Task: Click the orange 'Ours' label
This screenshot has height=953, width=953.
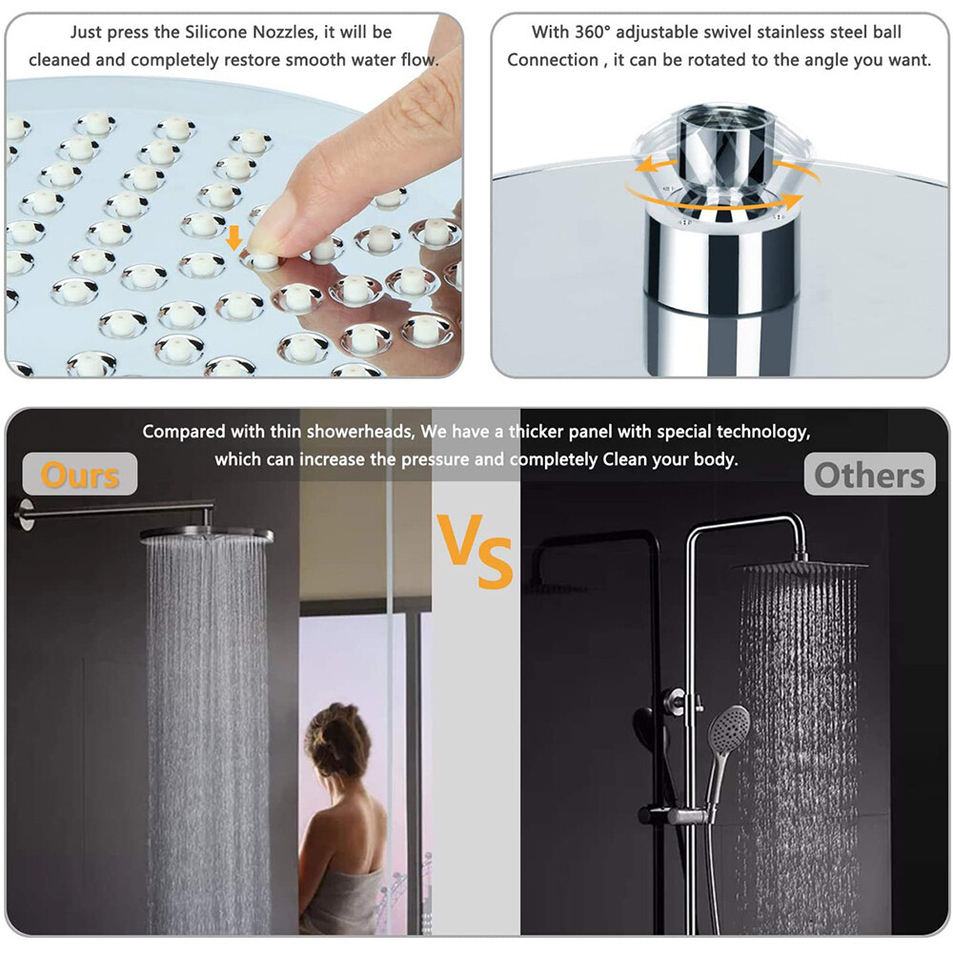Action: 81,474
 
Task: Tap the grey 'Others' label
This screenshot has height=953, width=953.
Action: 869,474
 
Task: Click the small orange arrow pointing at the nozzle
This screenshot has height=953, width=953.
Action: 233,237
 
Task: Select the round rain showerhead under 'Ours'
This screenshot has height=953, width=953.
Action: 207,536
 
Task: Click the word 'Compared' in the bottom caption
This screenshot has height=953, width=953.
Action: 185,432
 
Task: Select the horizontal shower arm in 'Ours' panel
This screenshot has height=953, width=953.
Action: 124,510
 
